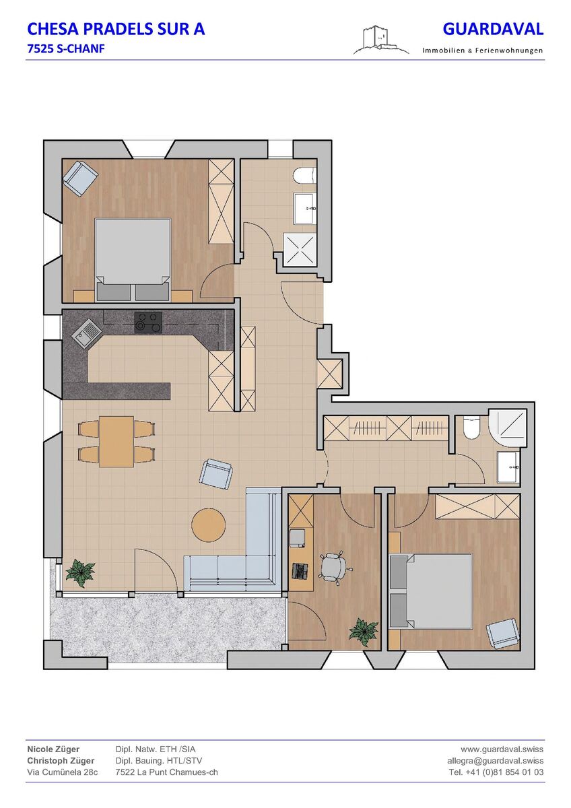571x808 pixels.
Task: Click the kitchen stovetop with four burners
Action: click(x=148, y=322)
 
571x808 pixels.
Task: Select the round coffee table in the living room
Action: click(x=209, y=524)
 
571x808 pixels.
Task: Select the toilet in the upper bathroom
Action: click(x=305, y=176)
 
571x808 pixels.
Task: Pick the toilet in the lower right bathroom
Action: click(x=471, y=428)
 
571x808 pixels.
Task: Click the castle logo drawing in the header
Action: click(x=381, y=40)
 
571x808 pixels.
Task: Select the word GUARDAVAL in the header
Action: click(x=493, y=29)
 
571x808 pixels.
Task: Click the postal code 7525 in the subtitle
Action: click(x=39, y=49)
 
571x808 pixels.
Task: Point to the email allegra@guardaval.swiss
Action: click(x=496, y=760)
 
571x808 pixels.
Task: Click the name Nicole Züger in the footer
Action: click(x=53, y=749)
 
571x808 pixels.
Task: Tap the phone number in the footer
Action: click(x=496, y=772)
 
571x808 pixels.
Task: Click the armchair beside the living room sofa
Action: click(x=216, y=475)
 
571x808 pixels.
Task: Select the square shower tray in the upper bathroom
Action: click(x=300, y=250)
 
